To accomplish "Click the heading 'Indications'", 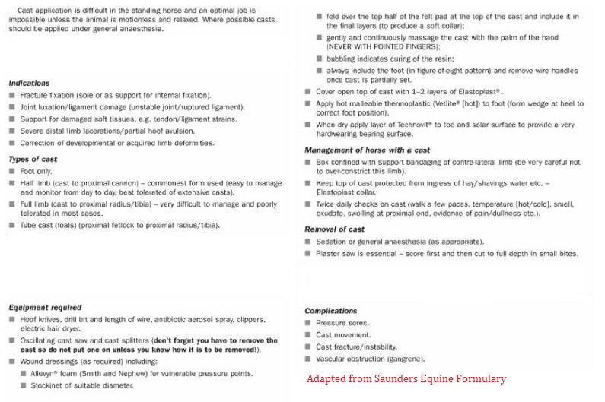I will [29, 83].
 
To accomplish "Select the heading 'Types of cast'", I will [33, 160].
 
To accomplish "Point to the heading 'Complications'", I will [330, 311].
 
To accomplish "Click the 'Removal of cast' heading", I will [334, 229].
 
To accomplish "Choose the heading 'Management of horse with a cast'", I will [367, 150].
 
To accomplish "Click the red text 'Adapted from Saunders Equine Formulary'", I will [406, 378].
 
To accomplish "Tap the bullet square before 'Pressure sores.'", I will [308, 323].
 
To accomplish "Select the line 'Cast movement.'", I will [343, 335].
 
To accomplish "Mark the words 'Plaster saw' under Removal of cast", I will [337, 254].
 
